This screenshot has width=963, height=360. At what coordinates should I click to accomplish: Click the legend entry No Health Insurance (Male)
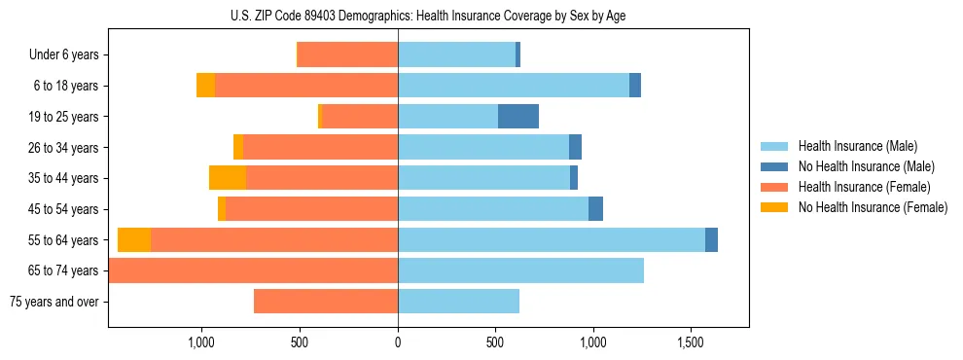tap(864, 166)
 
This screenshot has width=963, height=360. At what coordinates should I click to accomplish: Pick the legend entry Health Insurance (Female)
tap(864, 187)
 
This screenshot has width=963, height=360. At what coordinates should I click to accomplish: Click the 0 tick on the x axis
tap(398, 342)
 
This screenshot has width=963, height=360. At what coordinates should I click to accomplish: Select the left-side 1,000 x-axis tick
tap(201, 342)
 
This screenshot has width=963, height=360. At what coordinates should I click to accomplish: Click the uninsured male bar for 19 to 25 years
tap(518, 117)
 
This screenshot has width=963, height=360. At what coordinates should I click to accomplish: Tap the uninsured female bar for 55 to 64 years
tap(134, 240)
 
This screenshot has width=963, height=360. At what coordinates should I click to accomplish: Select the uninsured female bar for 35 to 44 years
tap(228, 178)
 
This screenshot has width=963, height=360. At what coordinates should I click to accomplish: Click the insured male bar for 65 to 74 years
tap(520, 270)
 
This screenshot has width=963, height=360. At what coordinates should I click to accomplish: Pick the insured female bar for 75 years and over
tap(326, 302)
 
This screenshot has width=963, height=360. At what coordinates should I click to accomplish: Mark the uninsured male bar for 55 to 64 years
tap(711, 240)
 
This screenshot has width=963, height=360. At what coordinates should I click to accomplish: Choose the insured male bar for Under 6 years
tap(456, 55)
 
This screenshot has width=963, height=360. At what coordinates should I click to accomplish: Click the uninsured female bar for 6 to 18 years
tap(205, 86)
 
